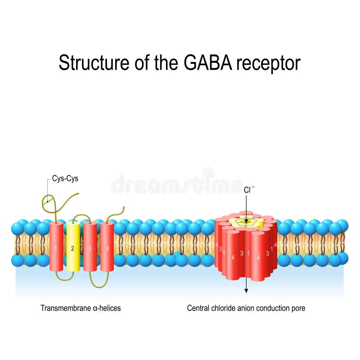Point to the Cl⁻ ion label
pos(249,190)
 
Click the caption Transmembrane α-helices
pos(81,308)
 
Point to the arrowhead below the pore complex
pos(246,290)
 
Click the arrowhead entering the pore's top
pos(246,220)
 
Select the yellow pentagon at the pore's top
pos(246,223)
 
